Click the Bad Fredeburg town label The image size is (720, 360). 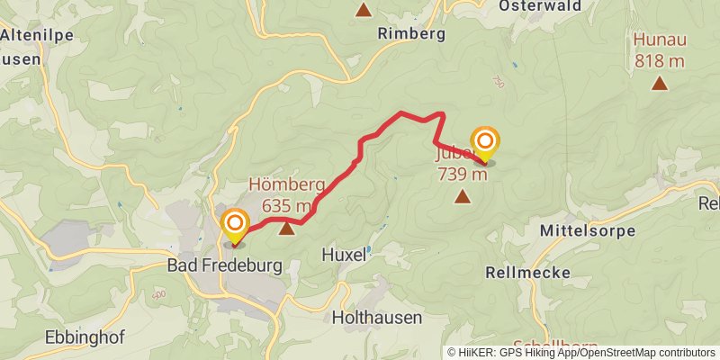click(225, 266)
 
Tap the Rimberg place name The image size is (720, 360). click(412, 34)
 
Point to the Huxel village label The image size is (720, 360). click(344, 256)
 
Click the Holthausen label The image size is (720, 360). click(377, 318)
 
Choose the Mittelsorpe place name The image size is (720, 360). click(582, 231)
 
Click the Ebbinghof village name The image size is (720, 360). click(83, 339)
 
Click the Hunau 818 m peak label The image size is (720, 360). click(660, 49)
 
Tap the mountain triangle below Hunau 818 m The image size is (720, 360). click(660, 84)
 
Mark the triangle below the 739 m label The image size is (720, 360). click(463, 195)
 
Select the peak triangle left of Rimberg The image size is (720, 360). click(364, 11)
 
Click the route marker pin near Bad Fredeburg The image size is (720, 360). click(235, 225)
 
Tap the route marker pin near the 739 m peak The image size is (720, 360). click(485, 144)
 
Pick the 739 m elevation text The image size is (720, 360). click(463, 174)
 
